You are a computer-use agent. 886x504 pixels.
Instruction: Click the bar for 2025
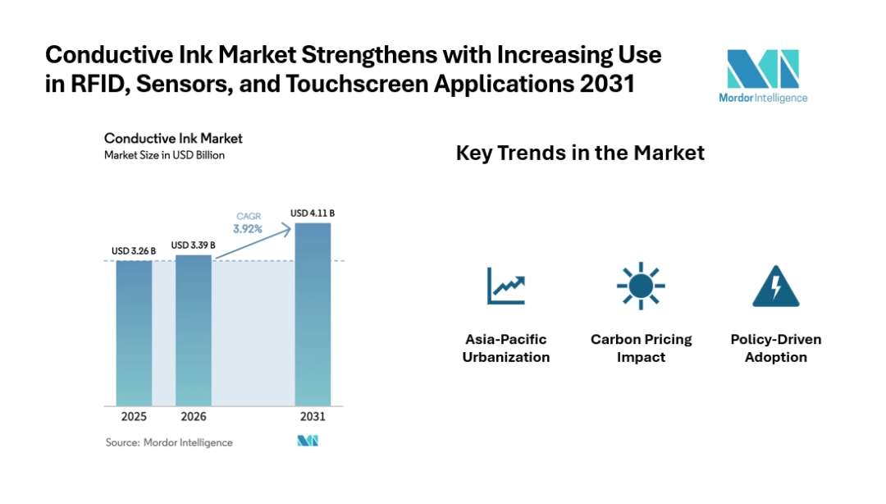134,332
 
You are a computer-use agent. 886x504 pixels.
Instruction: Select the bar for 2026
194,330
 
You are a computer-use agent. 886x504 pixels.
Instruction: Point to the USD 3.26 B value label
134,250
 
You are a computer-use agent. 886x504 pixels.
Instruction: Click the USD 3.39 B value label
194,245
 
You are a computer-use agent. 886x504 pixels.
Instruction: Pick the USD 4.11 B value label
313,213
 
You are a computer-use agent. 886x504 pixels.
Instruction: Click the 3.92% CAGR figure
247,229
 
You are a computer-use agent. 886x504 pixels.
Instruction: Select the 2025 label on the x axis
134,417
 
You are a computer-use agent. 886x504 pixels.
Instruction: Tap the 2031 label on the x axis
313,417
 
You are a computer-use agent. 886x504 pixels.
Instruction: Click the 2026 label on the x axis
194,417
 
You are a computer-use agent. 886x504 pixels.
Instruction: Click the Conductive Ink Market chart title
173,139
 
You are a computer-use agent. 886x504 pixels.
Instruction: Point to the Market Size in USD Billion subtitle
164,155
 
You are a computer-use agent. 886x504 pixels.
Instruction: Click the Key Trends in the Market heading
580,153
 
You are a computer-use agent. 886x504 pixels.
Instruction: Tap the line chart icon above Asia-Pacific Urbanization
505,286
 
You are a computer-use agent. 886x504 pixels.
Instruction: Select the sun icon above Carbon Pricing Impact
641,286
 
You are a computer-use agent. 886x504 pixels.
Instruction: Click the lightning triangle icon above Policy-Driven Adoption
775,286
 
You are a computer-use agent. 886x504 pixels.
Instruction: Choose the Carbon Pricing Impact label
641,348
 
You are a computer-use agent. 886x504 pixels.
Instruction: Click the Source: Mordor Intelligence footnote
169,442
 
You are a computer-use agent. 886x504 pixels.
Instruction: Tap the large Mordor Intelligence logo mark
762,69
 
